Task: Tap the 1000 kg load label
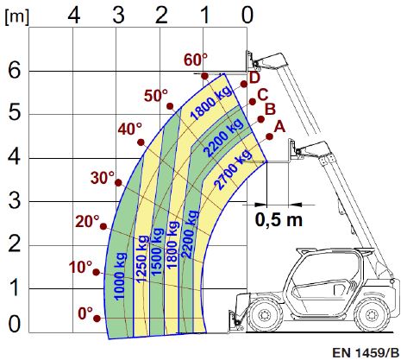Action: pos(120,276)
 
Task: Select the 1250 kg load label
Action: pos(142,258)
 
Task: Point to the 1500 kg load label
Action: pos(157,252)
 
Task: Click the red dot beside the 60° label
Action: pos(204,76)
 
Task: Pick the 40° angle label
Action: pos(130,129)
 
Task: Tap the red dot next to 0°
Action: pos(97,319)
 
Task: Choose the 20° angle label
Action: pos(87,222)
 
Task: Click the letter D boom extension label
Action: pos(254,78)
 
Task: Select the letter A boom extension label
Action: pos(279,127)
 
